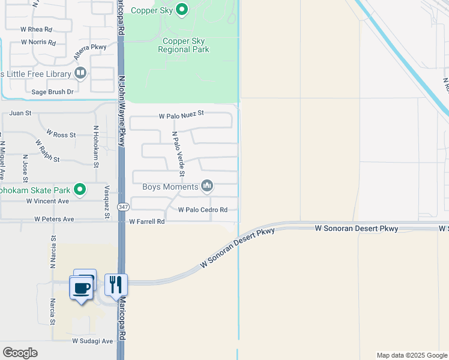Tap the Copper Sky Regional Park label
point(184,46)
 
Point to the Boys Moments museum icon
point(207,187)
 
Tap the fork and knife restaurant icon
point(116,284)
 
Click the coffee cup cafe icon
point(82,287)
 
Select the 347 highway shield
point(123,207)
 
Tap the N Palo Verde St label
point(178,154)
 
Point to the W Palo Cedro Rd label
point(203,210)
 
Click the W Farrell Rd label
point(146,221)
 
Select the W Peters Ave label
point(55,219)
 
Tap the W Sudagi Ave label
point(92,341)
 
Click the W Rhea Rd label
point(36,29)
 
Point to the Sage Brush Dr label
point(52,92)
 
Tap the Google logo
point(20,353)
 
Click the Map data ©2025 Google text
point(411,355)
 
